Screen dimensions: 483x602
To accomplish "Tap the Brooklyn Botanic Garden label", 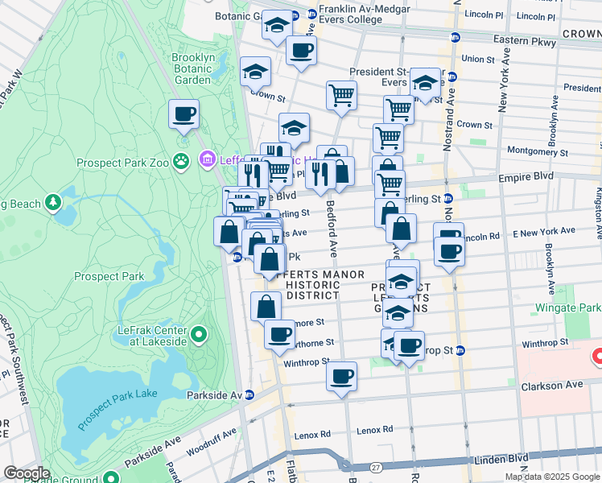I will point(192,68).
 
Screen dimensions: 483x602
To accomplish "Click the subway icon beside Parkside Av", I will point(249,394).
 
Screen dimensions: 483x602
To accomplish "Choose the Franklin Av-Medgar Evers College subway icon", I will point(311,14).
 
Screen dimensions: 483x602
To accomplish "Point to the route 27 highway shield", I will point(376,467).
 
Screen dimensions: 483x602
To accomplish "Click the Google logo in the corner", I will point(27,473).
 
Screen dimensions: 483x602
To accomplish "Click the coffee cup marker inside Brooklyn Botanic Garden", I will point(183,114).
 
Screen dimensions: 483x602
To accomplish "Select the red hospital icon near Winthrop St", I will point(597,355).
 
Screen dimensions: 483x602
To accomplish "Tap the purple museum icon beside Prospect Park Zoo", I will point(208,159).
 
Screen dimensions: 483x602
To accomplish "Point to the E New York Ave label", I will point(546,231).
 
